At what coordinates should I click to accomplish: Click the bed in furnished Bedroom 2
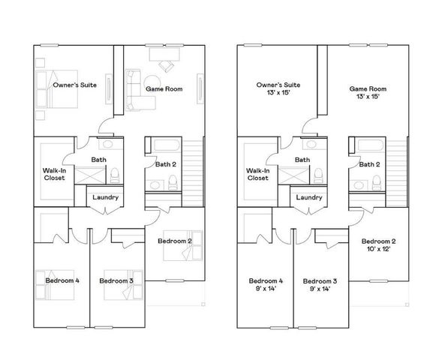point(179,253)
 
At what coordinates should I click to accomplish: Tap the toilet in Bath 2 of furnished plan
point(172,181)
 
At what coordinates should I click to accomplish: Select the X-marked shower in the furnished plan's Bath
point(92,176)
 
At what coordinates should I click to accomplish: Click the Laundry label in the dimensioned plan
point(308,197)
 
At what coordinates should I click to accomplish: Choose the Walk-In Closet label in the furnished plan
point(53,174)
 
